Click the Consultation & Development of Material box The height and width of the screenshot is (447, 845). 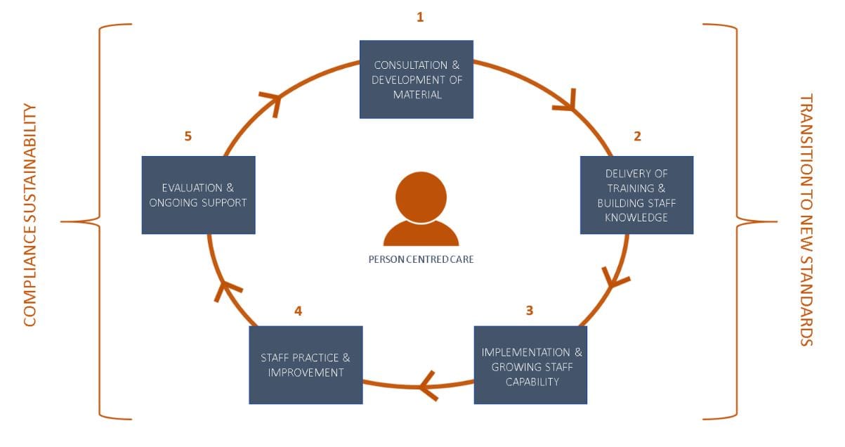tap(417, 79)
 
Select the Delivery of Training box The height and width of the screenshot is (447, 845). tap(636, 195)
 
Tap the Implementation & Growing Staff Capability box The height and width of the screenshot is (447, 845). tap(530, 365)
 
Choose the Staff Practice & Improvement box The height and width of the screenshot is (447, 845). tap(306, 365)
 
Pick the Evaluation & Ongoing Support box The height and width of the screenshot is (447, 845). tap(198, 195)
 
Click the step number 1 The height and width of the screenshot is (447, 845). tap(420, 17)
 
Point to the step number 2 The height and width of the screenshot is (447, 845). tap(637, 136)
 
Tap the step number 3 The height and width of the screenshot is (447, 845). tap(530, 310)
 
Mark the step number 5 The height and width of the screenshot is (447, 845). tap(188, 136)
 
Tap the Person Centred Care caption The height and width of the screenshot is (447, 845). tap(421, 259)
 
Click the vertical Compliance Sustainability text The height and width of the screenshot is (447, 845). tap(30, 215)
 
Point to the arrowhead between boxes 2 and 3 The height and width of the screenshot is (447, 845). tap(616, 278)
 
